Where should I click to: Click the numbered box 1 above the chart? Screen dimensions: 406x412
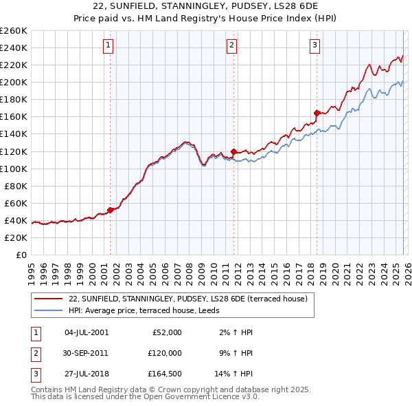tap(108, 46)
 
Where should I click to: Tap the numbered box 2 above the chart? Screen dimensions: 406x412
tap(232, 46)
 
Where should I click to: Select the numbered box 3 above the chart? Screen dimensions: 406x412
tap(314, 46)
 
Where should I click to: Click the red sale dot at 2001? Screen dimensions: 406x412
tap(110, 210)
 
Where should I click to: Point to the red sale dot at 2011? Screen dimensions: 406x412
tap(234, 151)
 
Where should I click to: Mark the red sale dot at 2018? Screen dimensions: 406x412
tap(317, 113)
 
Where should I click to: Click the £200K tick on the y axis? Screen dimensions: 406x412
tap(13, 82)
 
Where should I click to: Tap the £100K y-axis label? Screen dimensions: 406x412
tap(13, 169)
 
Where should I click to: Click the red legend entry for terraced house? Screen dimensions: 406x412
tap(192, 299)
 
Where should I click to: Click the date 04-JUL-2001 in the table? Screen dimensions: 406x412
tap(86, 332)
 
